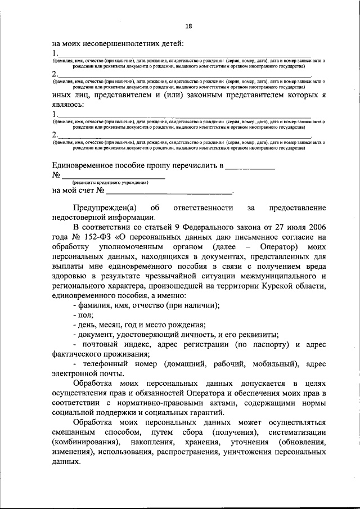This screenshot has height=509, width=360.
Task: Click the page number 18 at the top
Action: click(x=188, y=26)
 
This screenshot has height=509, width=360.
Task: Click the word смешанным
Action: click(x=73, y=433)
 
